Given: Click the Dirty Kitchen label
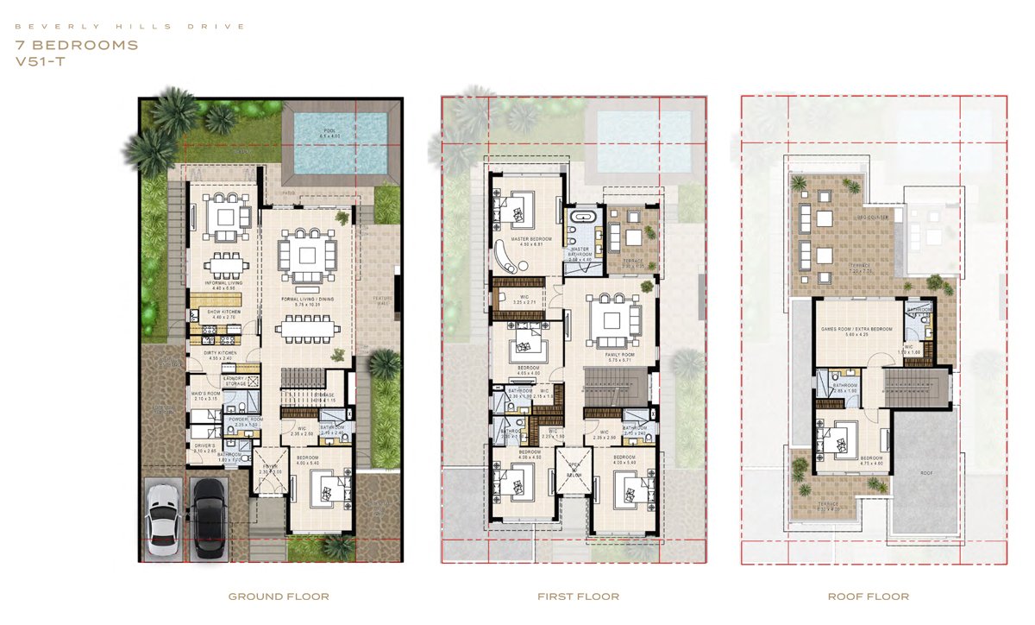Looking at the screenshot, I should [x=211, y=354].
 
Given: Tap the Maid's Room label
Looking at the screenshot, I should [x=206, y=395].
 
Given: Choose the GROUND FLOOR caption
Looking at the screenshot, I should [x=279, y=597].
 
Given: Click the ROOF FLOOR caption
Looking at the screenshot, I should [x=874, y=597].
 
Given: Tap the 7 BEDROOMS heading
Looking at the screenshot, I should [x=77, y=45].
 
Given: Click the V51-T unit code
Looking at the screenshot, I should [x=40, y=62].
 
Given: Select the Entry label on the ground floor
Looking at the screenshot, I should [x=271, y=465].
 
